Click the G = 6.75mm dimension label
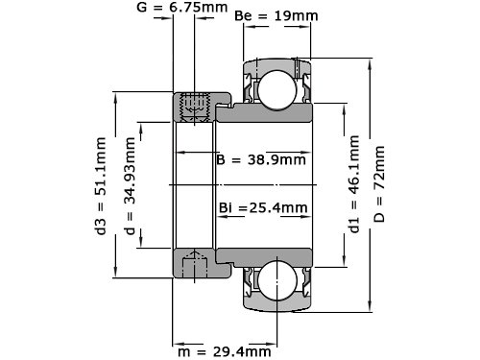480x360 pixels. coord(181,7)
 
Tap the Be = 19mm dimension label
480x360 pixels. coord(276,15)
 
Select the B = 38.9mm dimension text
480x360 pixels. coord(261,159)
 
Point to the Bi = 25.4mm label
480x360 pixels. coord(263,208)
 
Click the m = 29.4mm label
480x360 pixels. coord(225,352)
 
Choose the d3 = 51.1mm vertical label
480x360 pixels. coord(101,186)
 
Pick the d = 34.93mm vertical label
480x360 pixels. coord(130,186)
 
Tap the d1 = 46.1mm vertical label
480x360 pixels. coord(354,184)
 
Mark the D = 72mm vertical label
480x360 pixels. coord(379,184)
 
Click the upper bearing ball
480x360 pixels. coord(277,90)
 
